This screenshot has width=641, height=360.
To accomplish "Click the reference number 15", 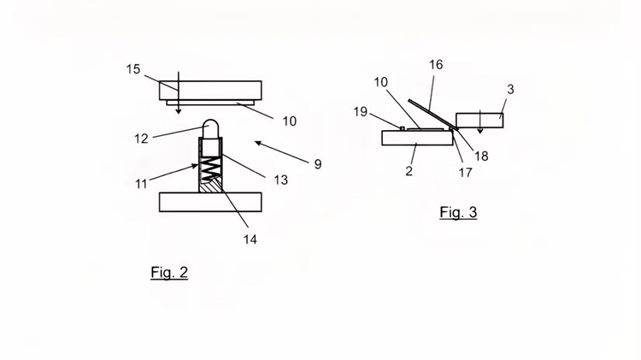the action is [x=133, y=69].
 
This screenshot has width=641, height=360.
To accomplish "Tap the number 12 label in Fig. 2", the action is [x=141, y=139].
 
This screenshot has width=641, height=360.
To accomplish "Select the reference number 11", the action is [x=141, y=184].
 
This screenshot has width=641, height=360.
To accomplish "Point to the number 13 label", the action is [x=281, y=180].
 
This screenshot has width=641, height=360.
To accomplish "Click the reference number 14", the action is [x=250, y=239].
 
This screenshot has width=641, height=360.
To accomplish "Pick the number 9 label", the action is [x=318, y=164].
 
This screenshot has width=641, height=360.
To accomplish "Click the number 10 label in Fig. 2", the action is [x=290, y=121].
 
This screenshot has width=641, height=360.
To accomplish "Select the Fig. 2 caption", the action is [x=169, y=273].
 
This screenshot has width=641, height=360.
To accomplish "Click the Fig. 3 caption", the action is [x=458, y=212].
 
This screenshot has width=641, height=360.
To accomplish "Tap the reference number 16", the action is [x=436, y=65].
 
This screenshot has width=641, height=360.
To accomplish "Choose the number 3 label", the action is [x=510, y=89].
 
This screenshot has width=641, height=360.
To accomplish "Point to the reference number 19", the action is [x=360, y=112].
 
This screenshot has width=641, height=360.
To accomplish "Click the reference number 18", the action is [x=481, y=156].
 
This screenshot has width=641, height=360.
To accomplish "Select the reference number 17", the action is [x=465, y=173].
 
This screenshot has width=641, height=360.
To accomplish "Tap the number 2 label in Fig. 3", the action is [x=409, y=171].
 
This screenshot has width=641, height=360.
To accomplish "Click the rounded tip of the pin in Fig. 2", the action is [x=210, y=124].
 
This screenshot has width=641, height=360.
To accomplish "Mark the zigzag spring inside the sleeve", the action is [x=210, y=168].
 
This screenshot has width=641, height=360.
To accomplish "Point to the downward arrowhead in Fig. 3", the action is [x=480, y=131].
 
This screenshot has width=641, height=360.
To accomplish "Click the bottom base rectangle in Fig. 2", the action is [x=210, y=202].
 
